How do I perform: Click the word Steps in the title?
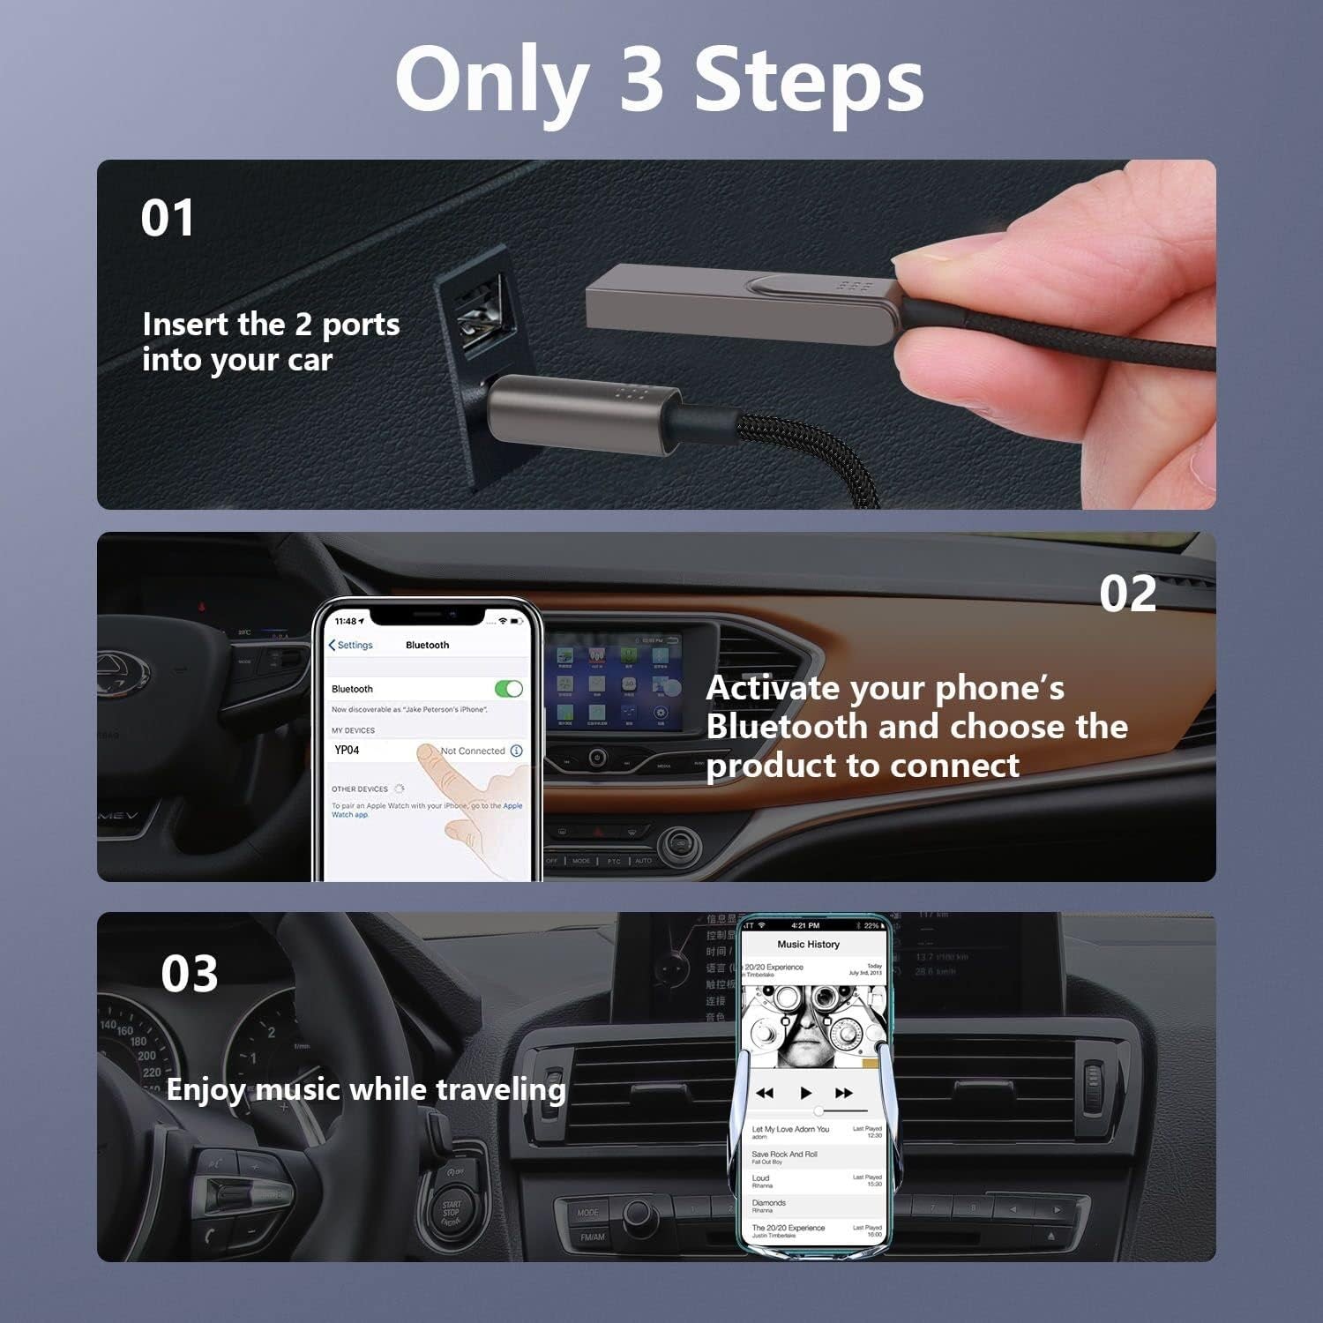coord(809,81)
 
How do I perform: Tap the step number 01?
coord(168,218)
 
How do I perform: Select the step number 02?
coord(1127,594)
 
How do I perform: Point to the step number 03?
coord(189,974)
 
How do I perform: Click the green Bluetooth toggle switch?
coord(509,689)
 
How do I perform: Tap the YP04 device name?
coord(347,751)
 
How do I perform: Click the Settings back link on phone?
coord(351,645)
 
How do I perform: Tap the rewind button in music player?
coord(765,1093)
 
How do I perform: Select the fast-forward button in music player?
coord(844,1093)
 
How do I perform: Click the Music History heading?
coord(808,945)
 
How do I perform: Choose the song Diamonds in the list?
coord(768,1203)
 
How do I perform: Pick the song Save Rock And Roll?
coord(784,1154)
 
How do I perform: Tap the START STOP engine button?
coord(452,1213)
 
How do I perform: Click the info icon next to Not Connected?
coord(516,751)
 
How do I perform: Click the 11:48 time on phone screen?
coord(346,621)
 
